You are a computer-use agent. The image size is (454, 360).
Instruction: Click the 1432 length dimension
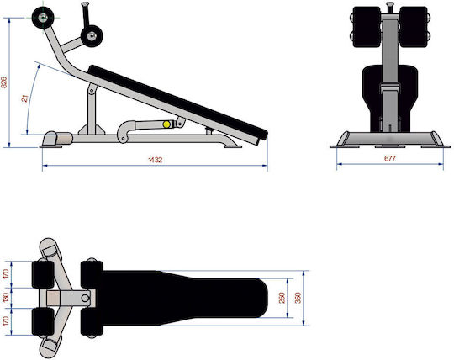coord(156,160)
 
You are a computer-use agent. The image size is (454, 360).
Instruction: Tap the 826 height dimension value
coord(4,82)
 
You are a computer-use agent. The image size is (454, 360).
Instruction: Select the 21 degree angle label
coord(25,98)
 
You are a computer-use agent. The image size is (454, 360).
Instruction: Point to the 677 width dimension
coord(390,158)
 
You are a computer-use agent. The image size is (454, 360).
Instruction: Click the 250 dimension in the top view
coord(282,298)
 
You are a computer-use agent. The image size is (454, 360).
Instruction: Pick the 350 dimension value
coord(298,298)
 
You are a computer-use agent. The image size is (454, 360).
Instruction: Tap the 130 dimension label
coord(6,298)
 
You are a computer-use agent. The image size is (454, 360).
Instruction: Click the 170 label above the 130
coord(6,274)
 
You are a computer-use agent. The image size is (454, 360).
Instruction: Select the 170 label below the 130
coord(6,321)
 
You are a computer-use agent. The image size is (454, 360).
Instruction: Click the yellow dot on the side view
coord(166,124)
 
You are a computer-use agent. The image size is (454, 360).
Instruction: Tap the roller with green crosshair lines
coord(43,18)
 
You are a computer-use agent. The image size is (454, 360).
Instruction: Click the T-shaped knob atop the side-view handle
coord(85,4)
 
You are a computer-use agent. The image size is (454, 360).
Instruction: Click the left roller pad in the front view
coord(367,27)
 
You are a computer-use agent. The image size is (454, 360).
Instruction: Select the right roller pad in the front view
coord(414,27)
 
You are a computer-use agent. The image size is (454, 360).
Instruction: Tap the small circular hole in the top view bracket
coord(85,298)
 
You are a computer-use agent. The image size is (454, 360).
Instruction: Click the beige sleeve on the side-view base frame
coord(64,139)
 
